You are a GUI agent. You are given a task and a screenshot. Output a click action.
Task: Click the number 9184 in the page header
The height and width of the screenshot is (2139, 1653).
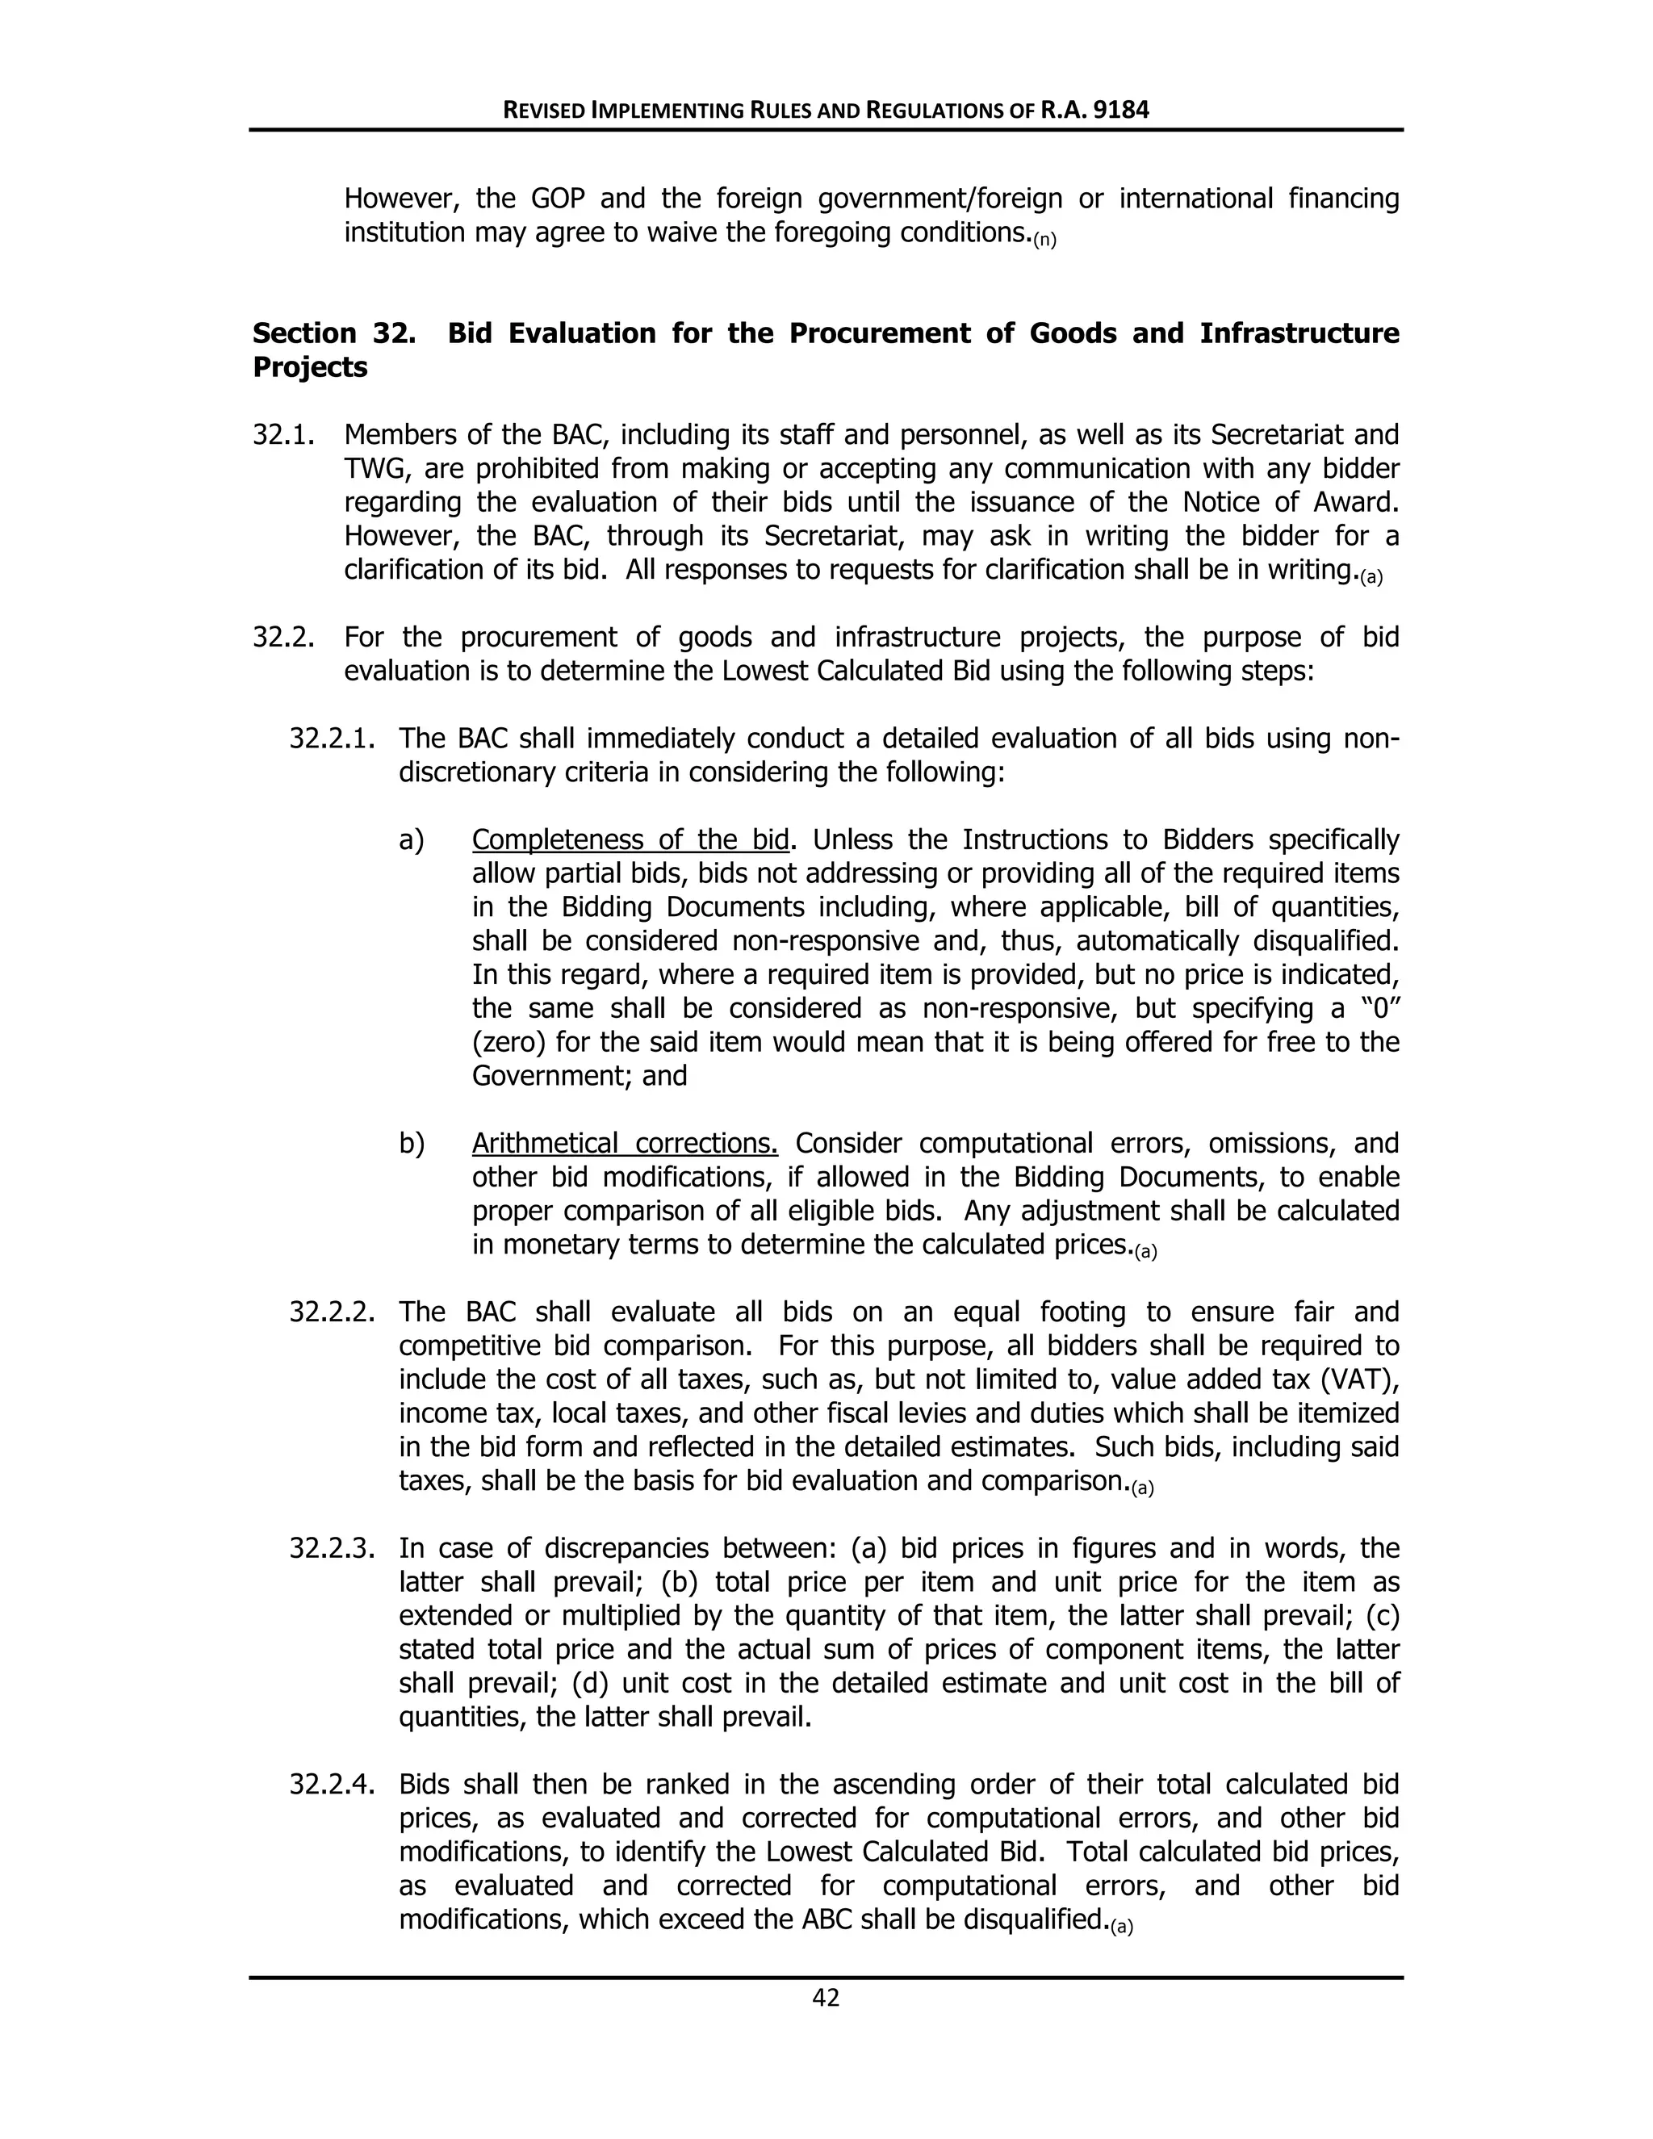[x=1120, y=110]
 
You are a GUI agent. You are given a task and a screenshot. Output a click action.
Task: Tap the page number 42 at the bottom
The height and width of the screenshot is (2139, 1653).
[x=826, y=1998]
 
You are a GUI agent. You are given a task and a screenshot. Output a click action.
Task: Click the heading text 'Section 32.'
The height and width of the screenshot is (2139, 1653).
[x=333, y=333]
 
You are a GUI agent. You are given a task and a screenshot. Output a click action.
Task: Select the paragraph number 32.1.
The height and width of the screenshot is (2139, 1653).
[x=283, y=435]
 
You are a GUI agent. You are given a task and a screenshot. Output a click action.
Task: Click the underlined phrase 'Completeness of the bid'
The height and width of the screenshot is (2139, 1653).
[x=630, y=840]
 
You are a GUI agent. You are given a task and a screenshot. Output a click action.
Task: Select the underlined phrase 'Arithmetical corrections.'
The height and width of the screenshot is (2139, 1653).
[x=624, y=1143]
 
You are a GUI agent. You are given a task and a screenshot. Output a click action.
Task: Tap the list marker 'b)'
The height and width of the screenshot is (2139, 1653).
[x=412, y=1143]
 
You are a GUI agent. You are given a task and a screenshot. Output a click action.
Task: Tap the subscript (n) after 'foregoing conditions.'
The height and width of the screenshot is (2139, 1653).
[x=1045, y=239]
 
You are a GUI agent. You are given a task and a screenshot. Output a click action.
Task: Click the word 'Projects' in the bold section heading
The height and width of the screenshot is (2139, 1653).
[x=309, y=367]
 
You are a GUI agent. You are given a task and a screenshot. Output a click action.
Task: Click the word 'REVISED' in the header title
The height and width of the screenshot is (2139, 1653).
[x=545, y=111]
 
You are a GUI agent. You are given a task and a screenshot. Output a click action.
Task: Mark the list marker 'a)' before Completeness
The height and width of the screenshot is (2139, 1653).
[x=412, y=840]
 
